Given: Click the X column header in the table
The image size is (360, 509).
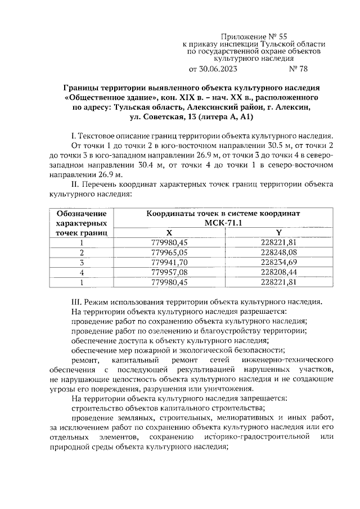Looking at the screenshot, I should (169, 232).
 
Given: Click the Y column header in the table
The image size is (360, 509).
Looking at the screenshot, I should (278, 232).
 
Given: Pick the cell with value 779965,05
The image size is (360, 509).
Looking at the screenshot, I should (169, 252).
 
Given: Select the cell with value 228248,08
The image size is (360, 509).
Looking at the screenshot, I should (278, 252).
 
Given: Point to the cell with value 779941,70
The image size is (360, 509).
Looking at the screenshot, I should (169, 262).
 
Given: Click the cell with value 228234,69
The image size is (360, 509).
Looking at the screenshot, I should (278, 262).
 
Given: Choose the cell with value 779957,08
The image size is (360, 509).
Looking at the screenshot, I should (169, 272).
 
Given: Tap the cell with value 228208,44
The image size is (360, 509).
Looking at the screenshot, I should (278, 272).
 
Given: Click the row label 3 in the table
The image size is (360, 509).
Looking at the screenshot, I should (82, 262).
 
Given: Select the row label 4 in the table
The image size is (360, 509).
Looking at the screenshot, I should (82, 272).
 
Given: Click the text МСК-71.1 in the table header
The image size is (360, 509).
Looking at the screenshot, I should (223, 223).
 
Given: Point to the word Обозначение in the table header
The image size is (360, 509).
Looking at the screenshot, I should (82, 214).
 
